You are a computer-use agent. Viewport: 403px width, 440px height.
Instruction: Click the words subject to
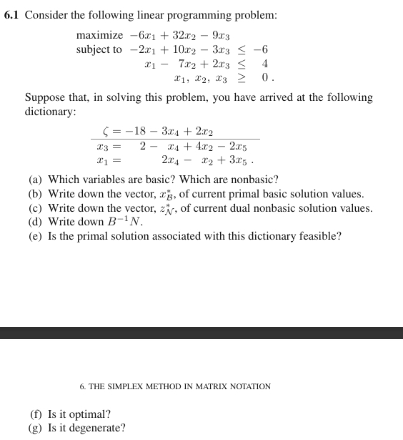point(99,49)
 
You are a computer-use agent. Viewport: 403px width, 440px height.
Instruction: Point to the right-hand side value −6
point(262,49)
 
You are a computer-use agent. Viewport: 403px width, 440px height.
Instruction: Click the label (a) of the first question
point(35,180)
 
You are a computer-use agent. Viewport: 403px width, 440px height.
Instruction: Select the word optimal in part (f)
point(94,414)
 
